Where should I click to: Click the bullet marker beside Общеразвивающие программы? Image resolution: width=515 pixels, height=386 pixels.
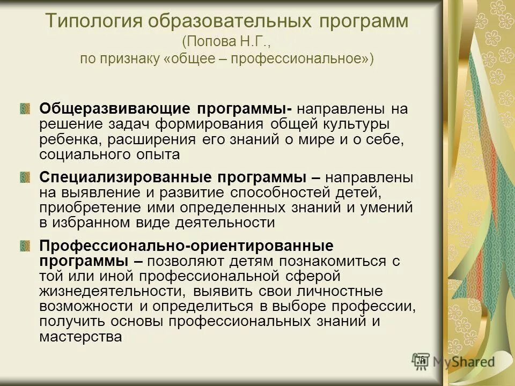coord(25,109)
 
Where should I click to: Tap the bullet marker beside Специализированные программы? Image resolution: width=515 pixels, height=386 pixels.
coord(25,177)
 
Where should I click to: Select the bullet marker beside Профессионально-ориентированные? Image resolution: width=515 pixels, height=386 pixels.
coord(25,246)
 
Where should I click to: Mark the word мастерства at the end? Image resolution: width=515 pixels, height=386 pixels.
coord(80,337)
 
